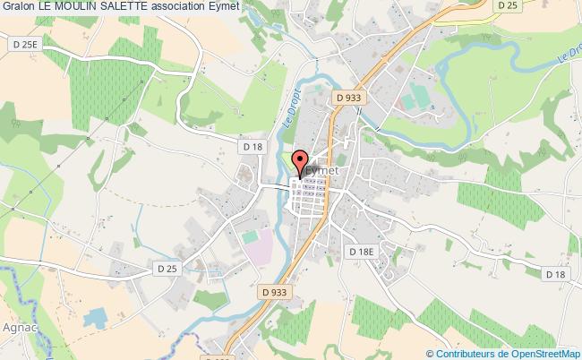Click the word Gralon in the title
(x=18, y=8)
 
